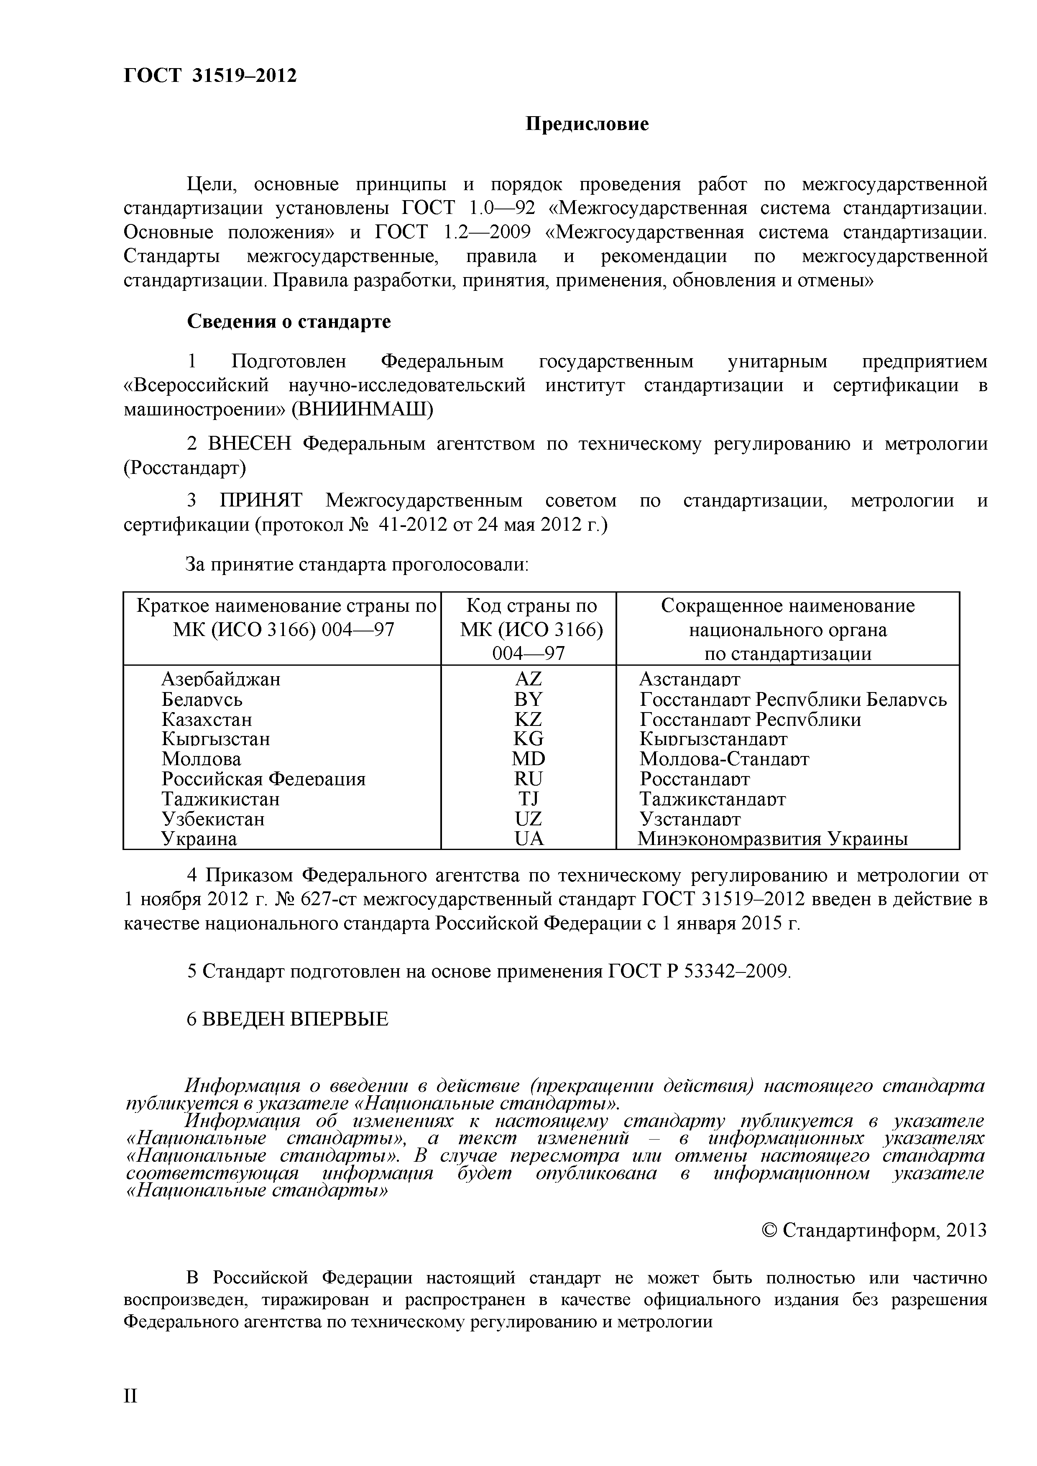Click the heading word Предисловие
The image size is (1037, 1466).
coord(587,124)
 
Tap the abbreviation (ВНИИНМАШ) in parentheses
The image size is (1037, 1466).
coord(362,409)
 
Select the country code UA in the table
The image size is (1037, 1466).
coord(529,838)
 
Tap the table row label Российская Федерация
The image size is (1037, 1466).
coord(263,779)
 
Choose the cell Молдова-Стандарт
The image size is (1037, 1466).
coord(724,759)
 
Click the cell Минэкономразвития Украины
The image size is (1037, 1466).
coord(772,838)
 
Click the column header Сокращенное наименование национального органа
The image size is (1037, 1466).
coord(787,629)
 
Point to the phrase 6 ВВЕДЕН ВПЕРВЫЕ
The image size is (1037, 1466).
coord(287,1019)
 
